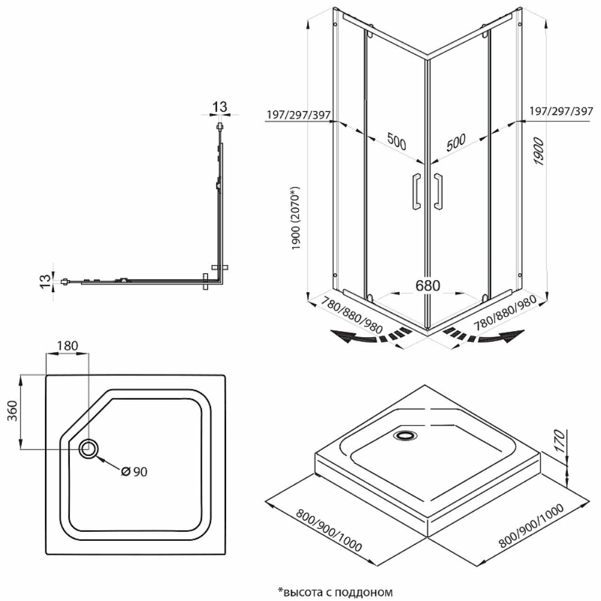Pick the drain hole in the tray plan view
tap(89, 448)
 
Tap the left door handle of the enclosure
tap(415, 192)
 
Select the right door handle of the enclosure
tap(438, 192)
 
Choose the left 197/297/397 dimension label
tap(297, 115)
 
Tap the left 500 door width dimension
tap(396, 142)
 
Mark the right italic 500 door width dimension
tap(457, 142)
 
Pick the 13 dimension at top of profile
tap(221, 107)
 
